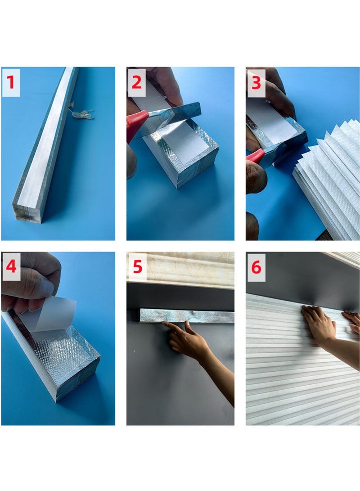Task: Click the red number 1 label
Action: pyautogui.click(x=11, y=83)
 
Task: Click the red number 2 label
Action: pyautogui.click(x=137, y=83)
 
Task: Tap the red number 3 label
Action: pyautogui.click(x=256, y=83)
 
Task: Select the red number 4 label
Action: pyautogui.click(x=11, y=267)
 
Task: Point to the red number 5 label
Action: pyautogui.click(x=137, y=267)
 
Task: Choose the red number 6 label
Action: pyautogui.click(x=256, y=267)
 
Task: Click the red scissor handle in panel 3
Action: pyautogui.click(x=255, y=156)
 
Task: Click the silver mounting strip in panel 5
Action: pyautogui.click(x=187, y=315)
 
